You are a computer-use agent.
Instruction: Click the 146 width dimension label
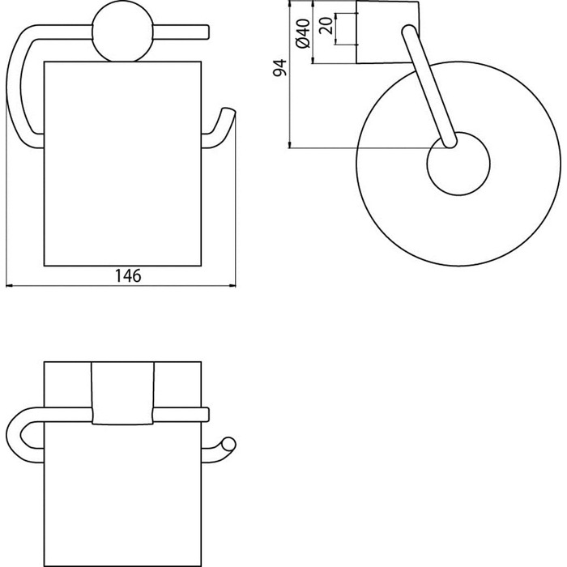pos(128,276)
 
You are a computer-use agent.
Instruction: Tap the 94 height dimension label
pos(279,68)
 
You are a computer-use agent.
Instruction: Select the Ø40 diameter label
pos(303,33)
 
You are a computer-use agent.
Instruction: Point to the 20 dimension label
pos(326,25)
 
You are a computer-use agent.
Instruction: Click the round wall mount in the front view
pos(122,32)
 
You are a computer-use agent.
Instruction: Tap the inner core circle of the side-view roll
pos(458,164)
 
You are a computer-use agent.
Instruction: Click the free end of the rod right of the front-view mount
pos(207,32)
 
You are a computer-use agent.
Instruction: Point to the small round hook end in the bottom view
pos(228,444)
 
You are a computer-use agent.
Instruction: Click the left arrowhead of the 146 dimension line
pos(10,286)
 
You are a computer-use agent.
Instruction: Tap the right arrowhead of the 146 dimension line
pos(232,286)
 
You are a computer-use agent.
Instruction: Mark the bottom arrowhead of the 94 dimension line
pos(289,145)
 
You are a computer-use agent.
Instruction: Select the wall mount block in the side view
pos(388,32)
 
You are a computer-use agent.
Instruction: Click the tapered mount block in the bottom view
pos(122,393)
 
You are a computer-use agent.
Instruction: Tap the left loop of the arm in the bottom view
pos(23,435)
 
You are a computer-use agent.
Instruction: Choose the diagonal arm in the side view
pos(429,87)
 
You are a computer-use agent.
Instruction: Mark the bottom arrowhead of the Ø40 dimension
pos(313,61)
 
